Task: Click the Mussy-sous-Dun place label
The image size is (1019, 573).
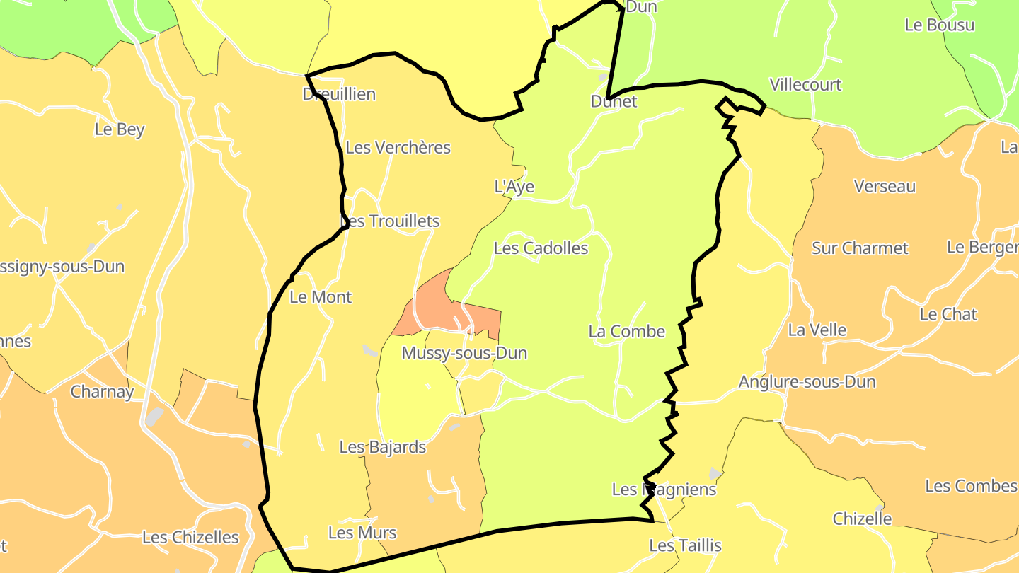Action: click(464, 353)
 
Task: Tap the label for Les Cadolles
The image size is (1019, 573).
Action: click(541, 248)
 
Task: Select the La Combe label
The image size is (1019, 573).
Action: click(627, 331)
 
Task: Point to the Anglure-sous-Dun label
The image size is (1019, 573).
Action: click(807, 382)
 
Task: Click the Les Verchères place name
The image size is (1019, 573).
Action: click(398, 148)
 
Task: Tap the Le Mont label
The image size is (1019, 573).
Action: click(321, 297)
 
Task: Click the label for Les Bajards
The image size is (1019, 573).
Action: click(383, 447)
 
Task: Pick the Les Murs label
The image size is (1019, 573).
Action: click(362, 533)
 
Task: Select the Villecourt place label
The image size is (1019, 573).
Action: click(805, 85)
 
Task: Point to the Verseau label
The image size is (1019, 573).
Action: click(885, 187)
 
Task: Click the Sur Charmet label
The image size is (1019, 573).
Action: click(860, 248)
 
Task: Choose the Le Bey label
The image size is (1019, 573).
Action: click(120, 129)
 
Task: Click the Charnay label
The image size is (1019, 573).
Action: click(102, 392)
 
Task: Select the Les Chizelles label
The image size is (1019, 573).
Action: click(190, 538)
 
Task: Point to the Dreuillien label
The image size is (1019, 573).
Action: click(339, 94)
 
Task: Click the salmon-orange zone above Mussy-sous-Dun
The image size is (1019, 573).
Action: click(432, 304)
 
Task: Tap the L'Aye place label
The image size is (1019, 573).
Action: click(514, 187)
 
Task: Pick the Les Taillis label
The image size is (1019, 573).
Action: click(685, 545)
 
